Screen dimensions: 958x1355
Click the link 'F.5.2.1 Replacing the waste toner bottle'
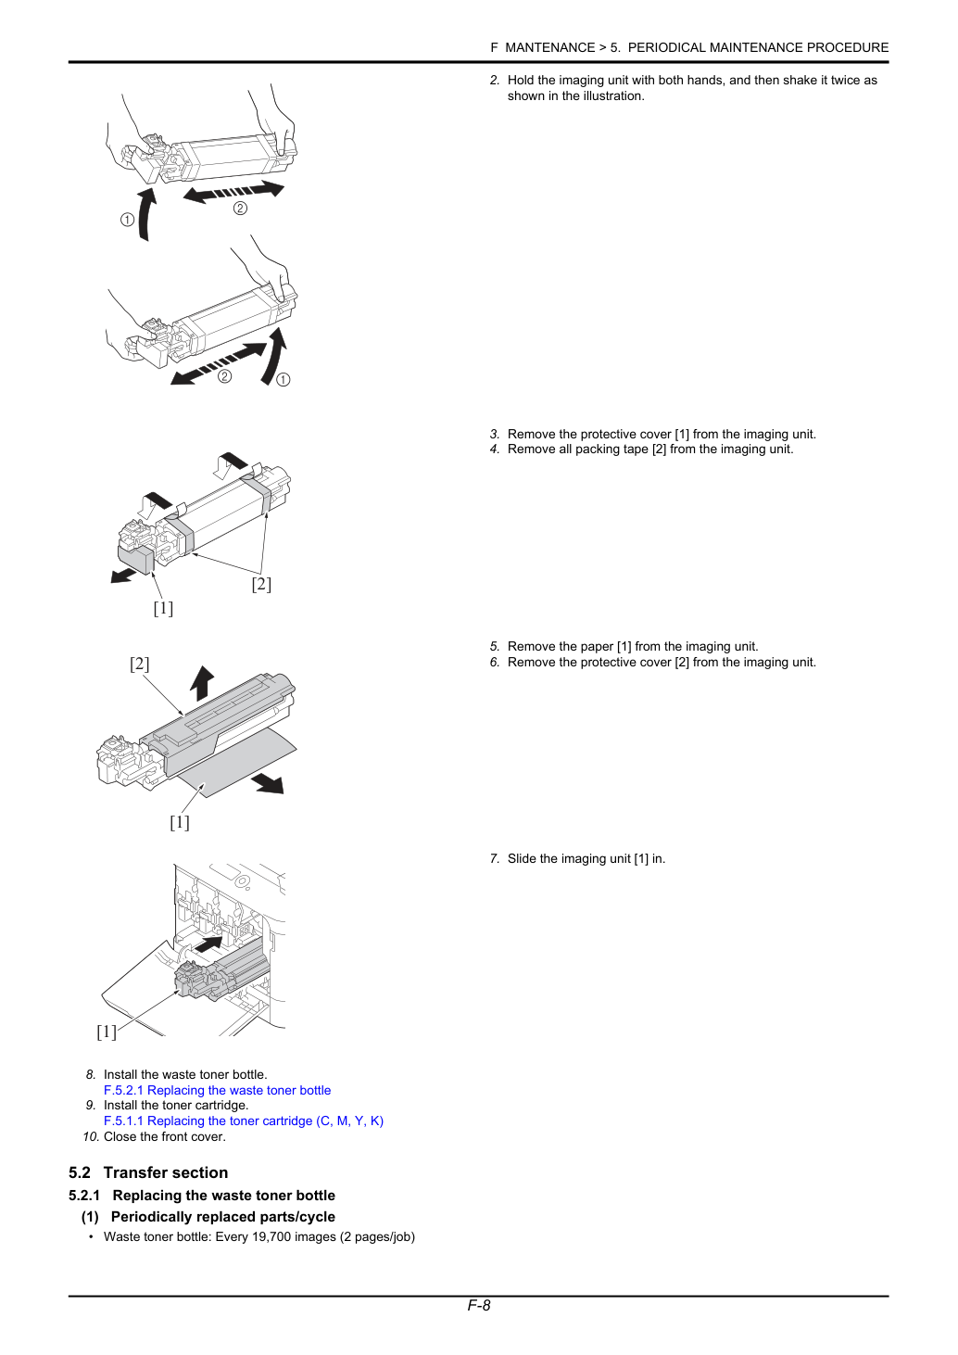point(217,1090)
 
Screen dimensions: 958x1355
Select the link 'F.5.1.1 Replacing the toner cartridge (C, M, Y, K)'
point(243,1121)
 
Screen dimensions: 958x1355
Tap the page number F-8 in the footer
point(478,1305)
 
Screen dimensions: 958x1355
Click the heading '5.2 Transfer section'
point(148,1172)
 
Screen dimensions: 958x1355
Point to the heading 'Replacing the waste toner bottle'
point(224,1196)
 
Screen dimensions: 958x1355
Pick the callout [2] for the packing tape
point(261,584)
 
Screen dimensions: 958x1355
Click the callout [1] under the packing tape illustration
point(163,608)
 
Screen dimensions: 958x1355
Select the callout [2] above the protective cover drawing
point(139,664)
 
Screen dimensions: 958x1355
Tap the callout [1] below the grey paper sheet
point(180,822)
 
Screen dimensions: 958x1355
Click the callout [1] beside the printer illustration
point(107,1032)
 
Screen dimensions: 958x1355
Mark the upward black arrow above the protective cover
point(202,683)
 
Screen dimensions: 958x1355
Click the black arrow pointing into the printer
point(208,943)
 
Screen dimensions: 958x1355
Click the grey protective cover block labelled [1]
point(136,560)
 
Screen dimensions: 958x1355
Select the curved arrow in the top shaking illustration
point(145,214)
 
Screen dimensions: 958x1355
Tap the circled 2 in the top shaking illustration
point(240,209)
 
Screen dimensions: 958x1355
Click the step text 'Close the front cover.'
point(165,1136)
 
